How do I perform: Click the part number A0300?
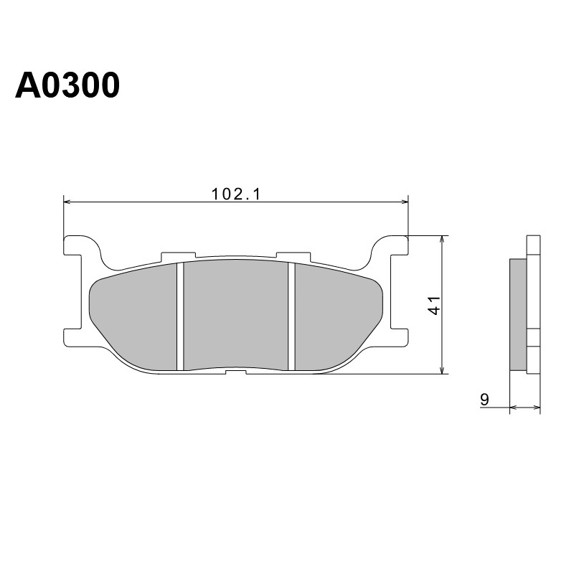pyautogui.click(x=67, y=85)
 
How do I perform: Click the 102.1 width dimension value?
pyautogui.click(x=236, y=194)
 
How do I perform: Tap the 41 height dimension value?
pyautogui.click(x=435, y=305)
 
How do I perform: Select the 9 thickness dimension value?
pyautogui.click(x=484, y=399)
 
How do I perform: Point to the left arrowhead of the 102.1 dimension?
pyautogui.click(x=67, y=202)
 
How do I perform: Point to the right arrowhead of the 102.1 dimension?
pyautogui.click(x=405, y=202)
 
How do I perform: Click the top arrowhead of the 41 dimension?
pyautogui.click(x=443, y=239)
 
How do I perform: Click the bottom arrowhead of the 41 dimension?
pyautogui.click(x=443, y=371)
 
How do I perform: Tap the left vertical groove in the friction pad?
pyautogui.click(x=180, y=316)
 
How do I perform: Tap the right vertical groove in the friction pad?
pyautogui.click(x=291, y=316)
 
